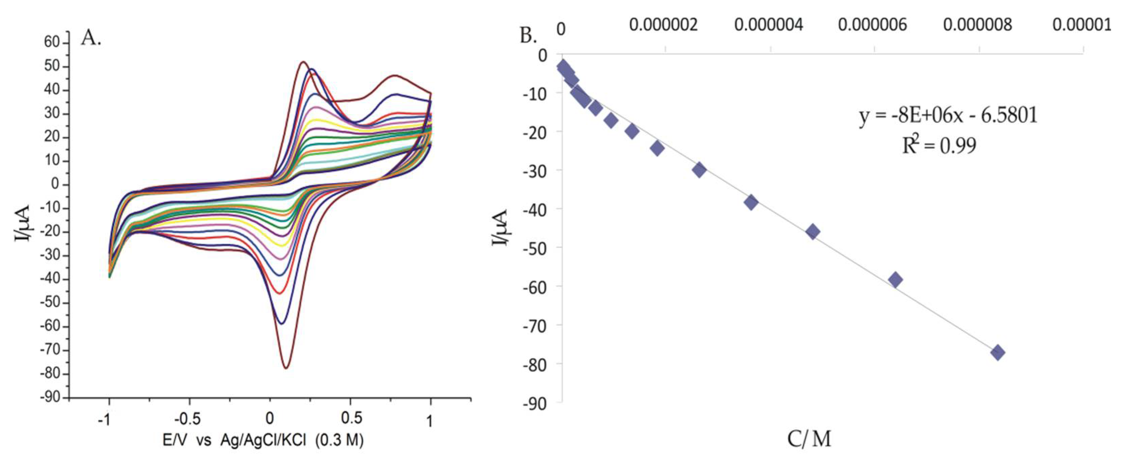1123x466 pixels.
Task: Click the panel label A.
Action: (x=91, y=39)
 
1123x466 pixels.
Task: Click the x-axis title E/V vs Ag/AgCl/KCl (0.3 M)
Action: (x=263, y=441)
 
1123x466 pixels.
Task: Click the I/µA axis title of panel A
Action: (x=22, y=223)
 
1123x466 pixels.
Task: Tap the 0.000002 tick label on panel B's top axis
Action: (x=663, y=25)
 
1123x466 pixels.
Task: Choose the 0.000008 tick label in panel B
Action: (x=977, y=25)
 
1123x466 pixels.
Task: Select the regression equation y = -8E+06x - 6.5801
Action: (x=948, y=116)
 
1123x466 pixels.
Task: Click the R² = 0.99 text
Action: (x=939, y=146)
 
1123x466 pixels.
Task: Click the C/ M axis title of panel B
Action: (x=809, y=439)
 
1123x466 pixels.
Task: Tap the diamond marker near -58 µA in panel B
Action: (x=895, y=280)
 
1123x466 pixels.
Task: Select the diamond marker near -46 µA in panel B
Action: (x=813, y=232)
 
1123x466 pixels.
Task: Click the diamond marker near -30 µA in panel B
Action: (x=699, y=170)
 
